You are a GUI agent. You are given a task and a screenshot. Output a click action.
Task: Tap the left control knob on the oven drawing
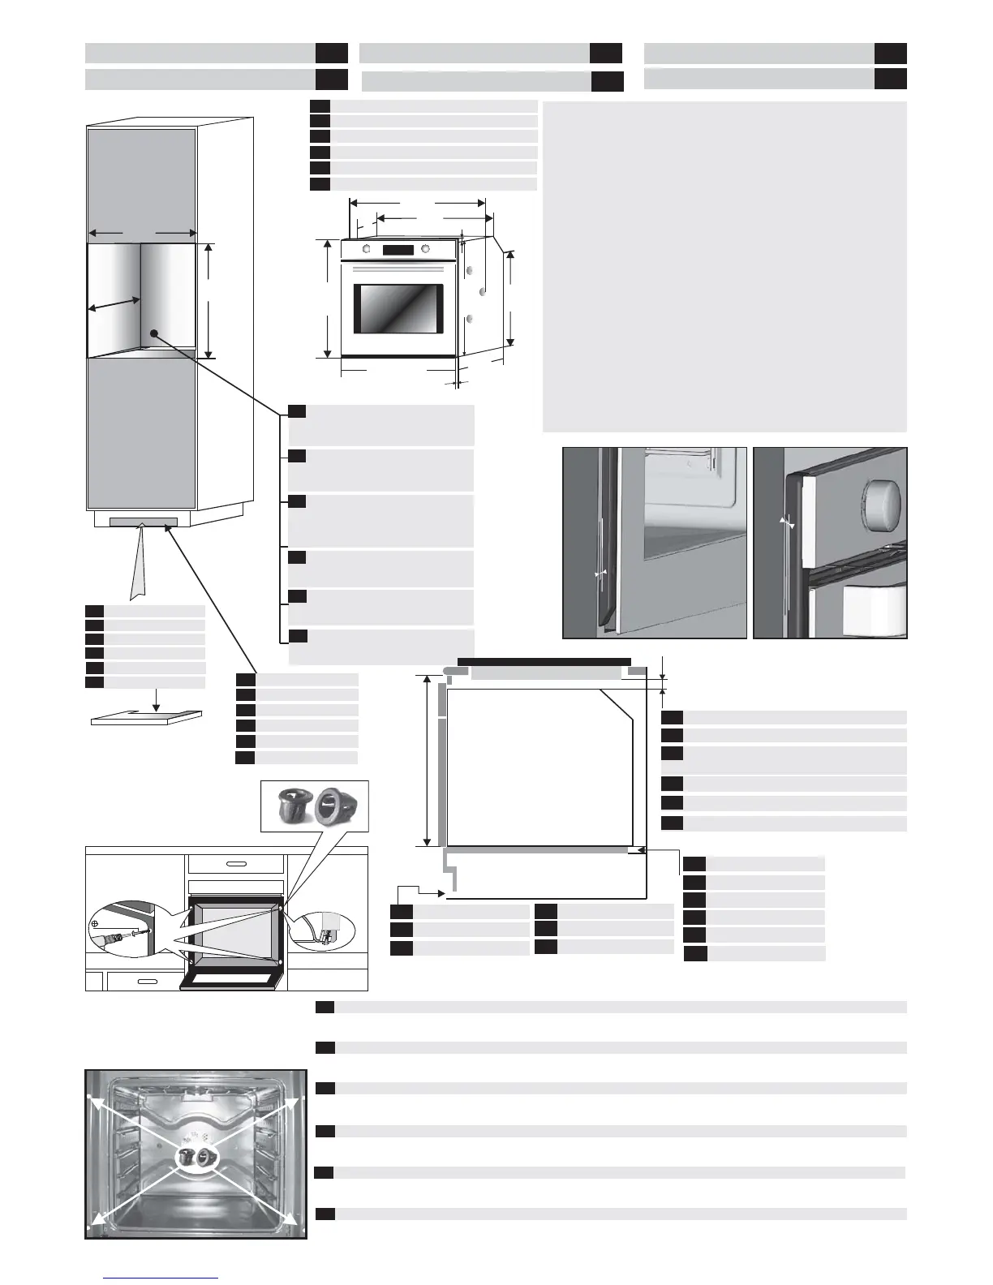tap(367, 250)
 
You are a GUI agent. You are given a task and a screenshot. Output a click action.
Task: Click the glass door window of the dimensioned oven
tap(398, 309)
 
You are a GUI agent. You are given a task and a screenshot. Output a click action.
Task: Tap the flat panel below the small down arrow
tap(146, 718)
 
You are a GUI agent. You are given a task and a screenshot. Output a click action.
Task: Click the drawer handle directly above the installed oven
tap(235, 864)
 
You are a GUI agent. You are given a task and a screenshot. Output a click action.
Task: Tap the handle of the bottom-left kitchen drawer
tap(146, 982)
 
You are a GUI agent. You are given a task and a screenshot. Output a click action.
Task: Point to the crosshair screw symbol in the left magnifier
tap(96, 923)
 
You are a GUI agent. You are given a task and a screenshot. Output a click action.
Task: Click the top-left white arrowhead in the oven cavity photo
tap(93, 1100)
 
